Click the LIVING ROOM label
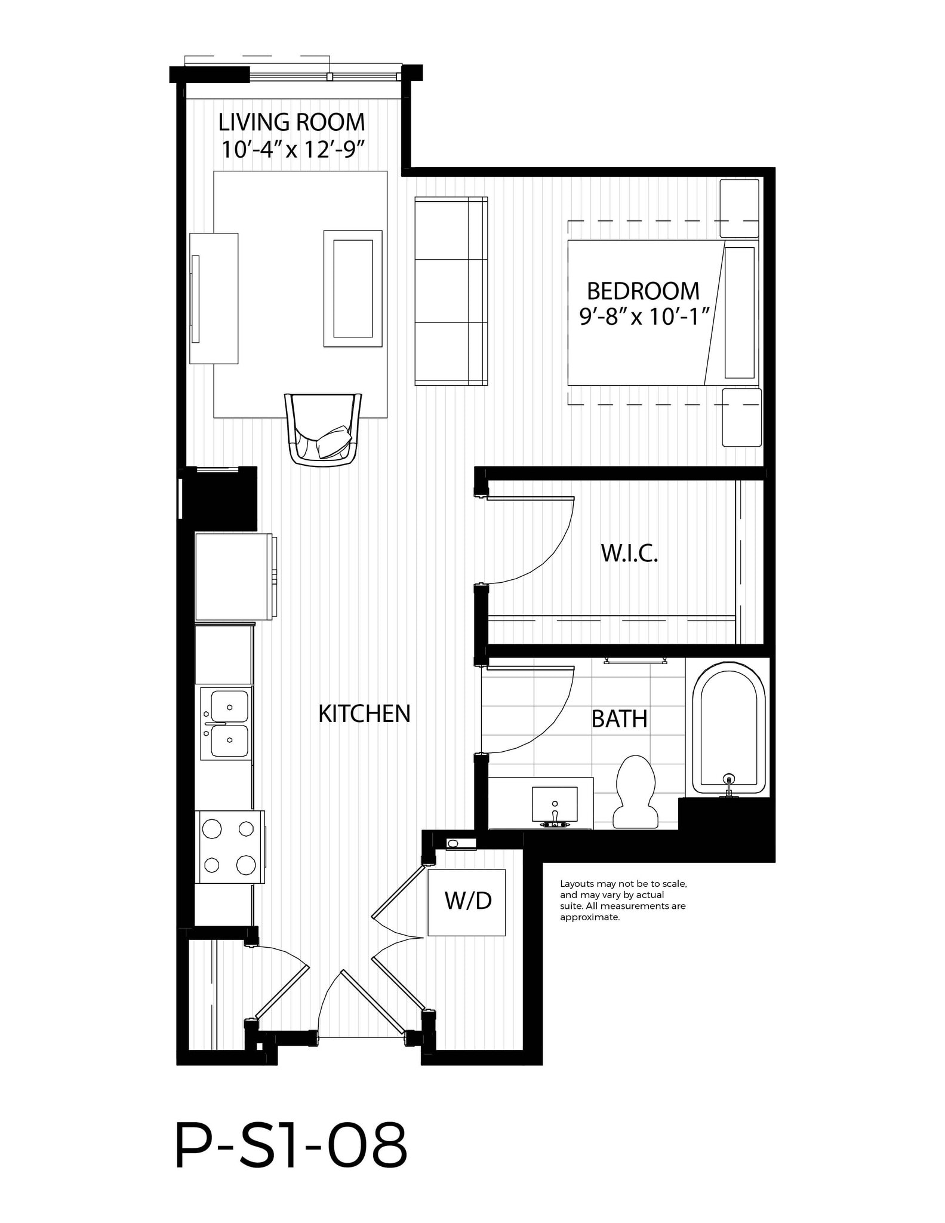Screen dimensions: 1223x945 (291, 122)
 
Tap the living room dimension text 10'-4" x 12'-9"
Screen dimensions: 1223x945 (293, 149)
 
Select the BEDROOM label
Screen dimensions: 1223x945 (643, 291)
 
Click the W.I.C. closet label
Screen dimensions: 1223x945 (629, 554)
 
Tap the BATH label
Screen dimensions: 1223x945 (619, 719)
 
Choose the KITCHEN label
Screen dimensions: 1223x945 (364, 714)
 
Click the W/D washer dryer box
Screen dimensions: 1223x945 (467, 902)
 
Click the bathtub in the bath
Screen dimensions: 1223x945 (728, 729)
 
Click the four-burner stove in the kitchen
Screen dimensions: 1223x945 (230, 847)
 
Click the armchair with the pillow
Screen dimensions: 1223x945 (324, 429)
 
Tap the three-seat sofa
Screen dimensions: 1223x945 (451, 291)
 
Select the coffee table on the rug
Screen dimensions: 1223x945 (353, 288)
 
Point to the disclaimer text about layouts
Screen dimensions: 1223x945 (623, 900)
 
